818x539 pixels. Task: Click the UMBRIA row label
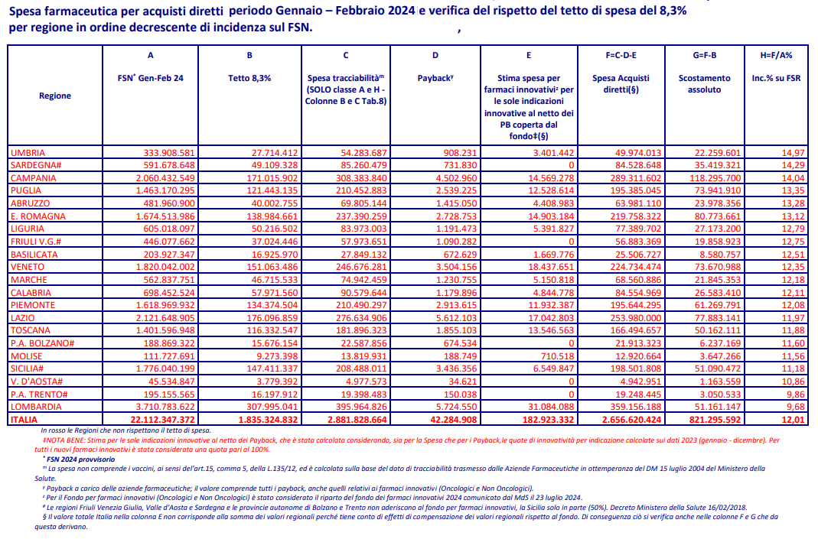click(28, 153)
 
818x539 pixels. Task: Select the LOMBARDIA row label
click(36, 407)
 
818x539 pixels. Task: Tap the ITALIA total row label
click(24, 420)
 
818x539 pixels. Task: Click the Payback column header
click(435, 78)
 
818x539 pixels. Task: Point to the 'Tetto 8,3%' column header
click(249, 78)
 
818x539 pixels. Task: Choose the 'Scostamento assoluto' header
click(704, 84)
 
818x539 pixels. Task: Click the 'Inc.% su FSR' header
click(776, 78)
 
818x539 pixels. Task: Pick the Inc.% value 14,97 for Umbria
click(793, 153)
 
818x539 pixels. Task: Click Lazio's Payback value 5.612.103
click(451, 318)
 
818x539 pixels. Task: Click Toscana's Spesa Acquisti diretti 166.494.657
click(631, 330)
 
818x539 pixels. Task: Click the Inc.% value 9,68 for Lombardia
click(795, 407)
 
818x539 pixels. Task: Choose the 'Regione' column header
click(55, 96)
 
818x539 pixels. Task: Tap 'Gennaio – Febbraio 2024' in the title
click(322, 11)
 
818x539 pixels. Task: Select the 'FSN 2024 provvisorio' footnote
click(80, 459)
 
